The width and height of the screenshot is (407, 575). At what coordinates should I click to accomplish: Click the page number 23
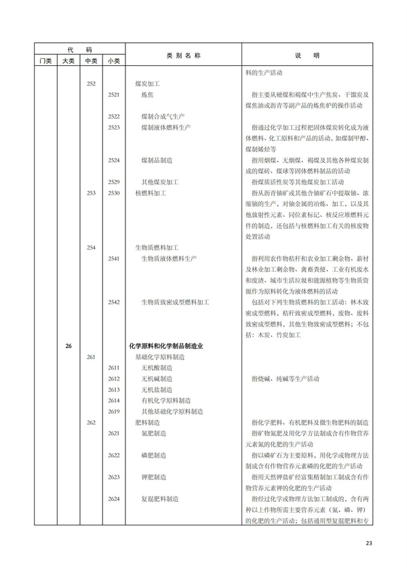[x=369, y=542]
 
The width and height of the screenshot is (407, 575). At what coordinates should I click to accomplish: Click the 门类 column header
[x=45, y=61]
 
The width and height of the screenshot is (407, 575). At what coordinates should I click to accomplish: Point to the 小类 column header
[x=113, y=61]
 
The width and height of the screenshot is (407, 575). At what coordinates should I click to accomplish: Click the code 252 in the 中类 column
[x=92, y=83]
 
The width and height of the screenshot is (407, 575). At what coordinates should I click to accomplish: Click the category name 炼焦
[x=147, y=95]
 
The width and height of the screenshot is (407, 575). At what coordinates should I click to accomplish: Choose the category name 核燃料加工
[x=150, y=193]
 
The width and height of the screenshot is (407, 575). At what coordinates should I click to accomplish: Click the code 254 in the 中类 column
[x=92, y=247]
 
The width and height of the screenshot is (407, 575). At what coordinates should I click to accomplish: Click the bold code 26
[x=69, y=346]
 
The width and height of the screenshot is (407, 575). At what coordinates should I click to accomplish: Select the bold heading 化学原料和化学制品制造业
[x=166, y=346]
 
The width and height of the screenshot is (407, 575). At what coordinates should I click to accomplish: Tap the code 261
[x=92, y=357]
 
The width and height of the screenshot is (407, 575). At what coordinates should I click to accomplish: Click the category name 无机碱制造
[x=157, y=378]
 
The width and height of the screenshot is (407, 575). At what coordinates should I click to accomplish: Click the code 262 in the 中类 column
[x=92, y=422]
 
